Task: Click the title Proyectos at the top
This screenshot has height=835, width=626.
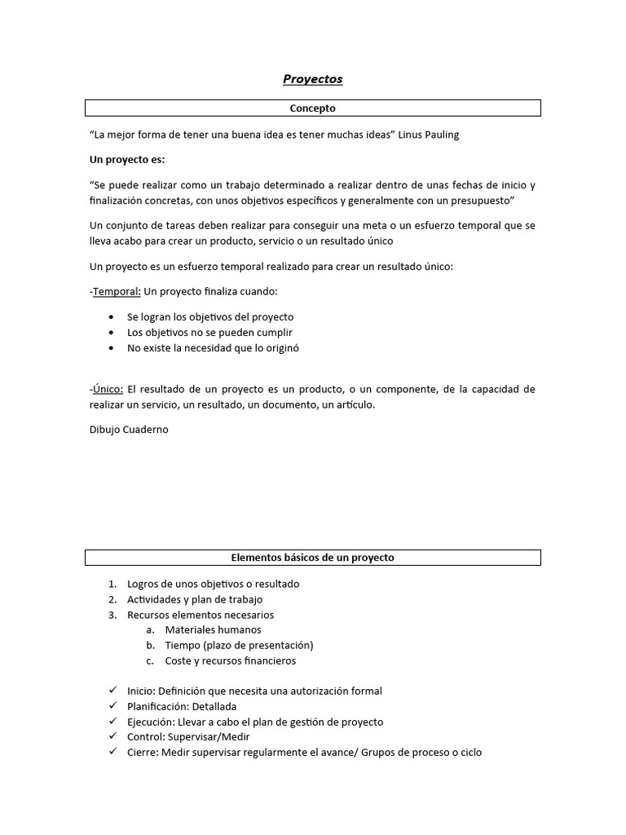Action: click(312, 79)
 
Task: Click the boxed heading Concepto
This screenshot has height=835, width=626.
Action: click(312, 108)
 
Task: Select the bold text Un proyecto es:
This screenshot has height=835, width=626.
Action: click(126, 159)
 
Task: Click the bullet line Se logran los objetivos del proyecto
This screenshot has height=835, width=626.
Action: click(210, 316)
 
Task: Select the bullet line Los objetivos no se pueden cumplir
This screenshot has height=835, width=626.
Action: click(209, 332)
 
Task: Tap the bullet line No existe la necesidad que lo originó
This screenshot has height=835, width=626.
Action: click(214, 347)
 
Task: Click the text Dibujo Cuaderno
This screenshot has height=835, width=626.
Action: click(129, 429)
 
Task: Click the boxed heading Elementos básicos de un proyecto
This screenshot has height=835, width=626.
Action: click(312, 558)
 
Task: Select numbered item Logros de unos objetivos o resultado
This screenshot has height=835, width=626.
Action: click(213, 584)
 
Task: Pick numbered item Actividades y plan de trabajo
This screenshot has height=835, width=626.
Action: click(195, 599)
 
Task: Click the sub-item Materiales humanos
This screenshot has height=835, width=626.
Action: click(213, 630)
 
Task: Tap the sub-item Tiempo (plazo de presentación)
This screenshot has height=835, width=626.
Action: click(239, 645)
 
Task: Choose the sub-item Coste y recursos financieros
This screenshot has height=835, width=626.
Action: click(231, 660)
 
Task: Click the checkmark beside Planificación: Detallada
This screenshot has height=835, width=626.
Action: click(112, 706)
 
